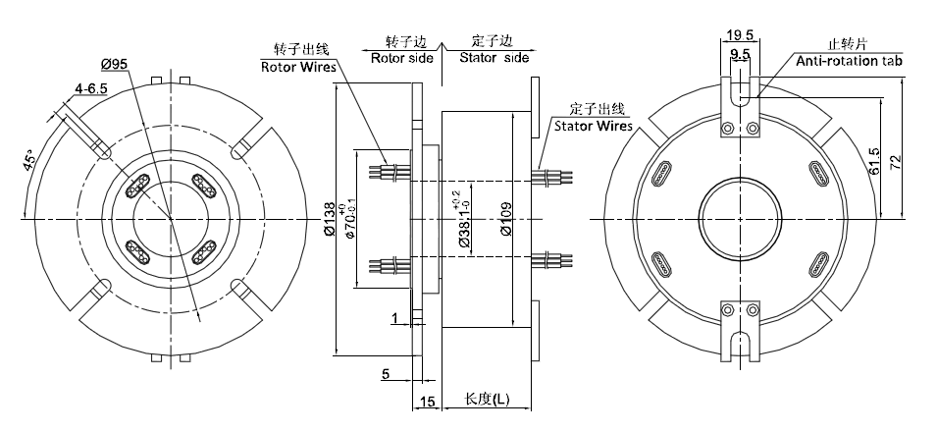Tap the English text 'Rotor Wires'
point(297,68)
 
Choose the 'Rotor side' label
point(401,57)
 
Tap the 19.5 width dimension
point(741,35)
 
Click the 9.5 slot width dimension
point(741,54)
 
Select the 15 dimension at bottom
point(427,402)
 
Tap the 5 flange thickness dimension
point(388,373)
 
